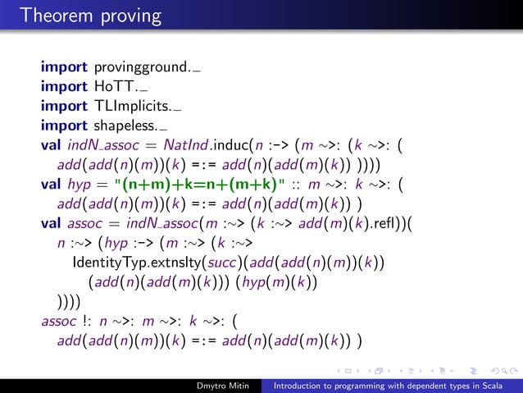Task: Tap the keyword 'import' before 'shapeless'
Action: [x=65, y=126]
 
